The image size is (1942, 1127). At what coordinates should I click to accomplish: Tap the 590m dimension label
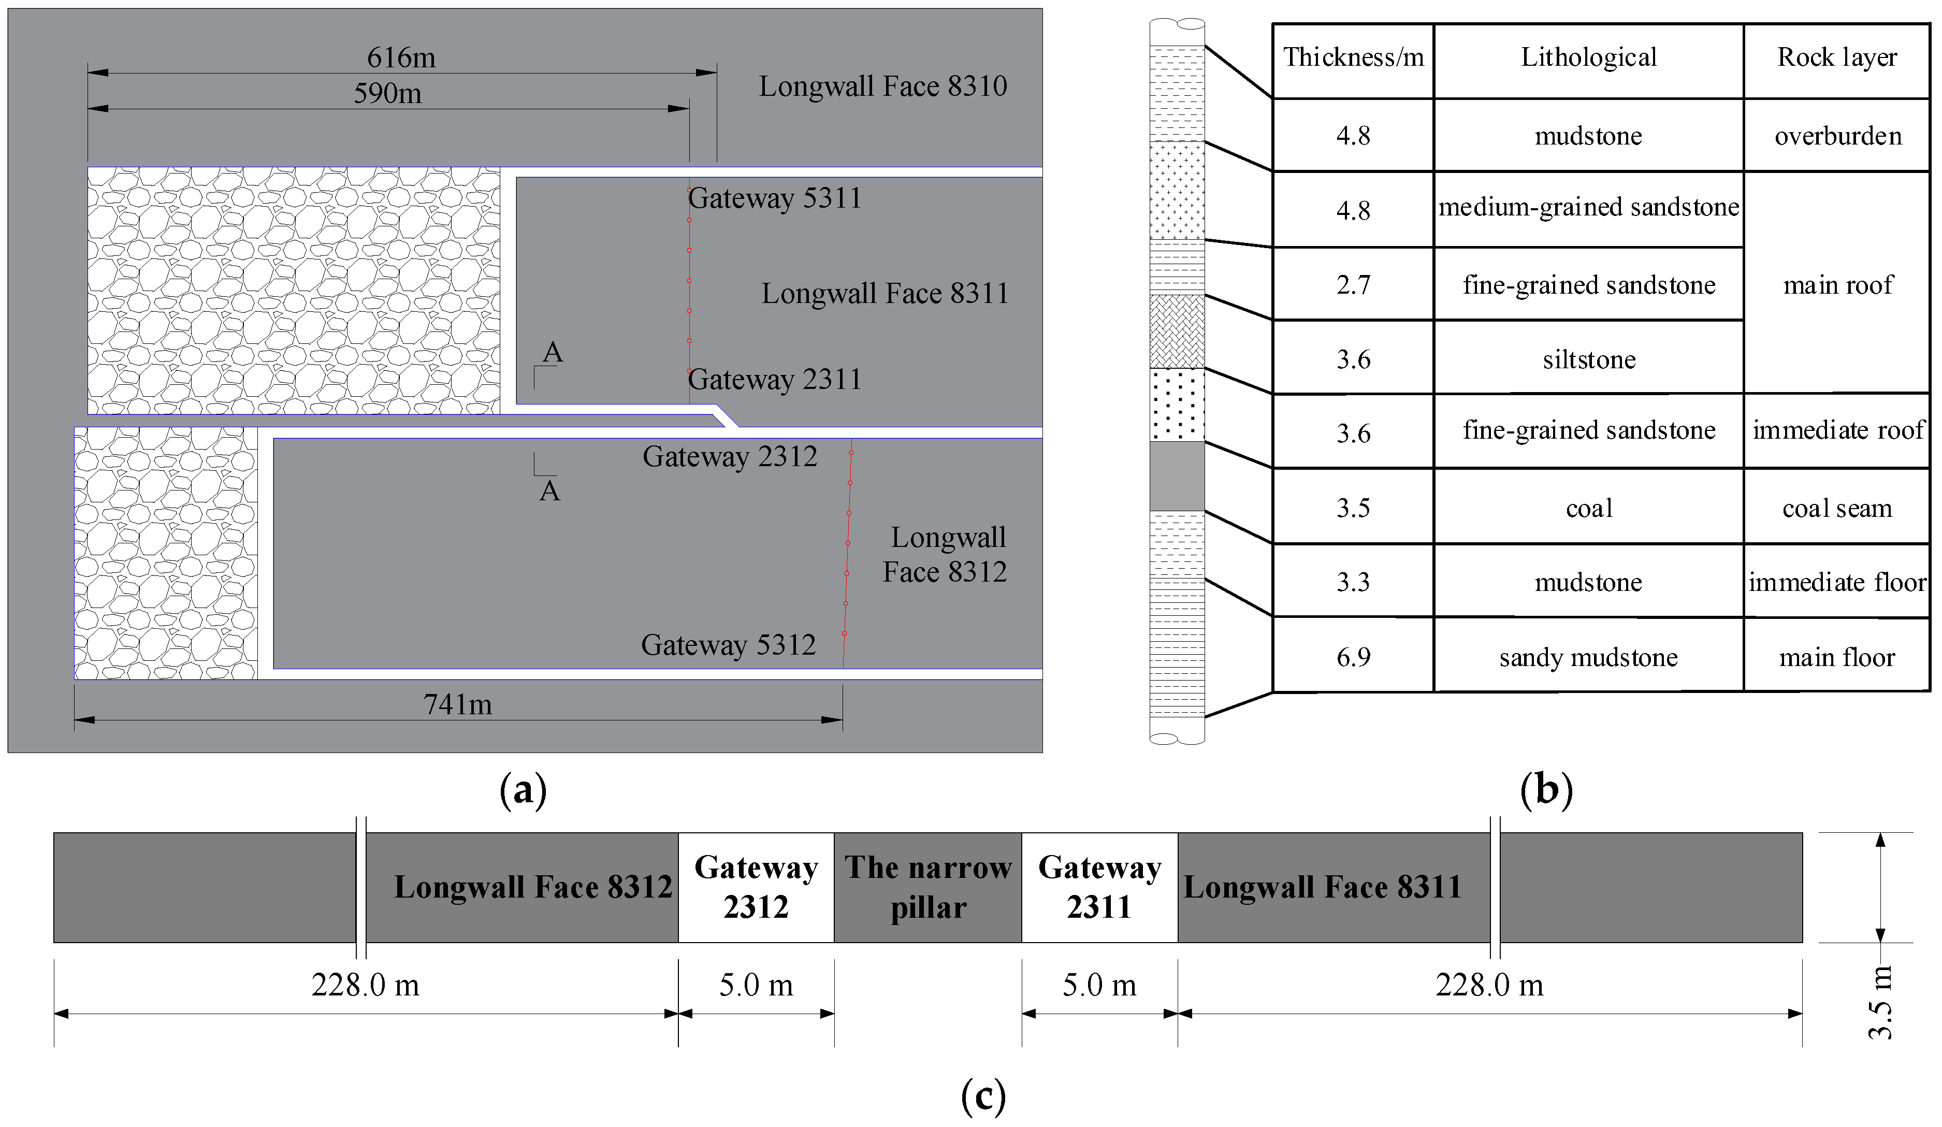(x=388, y=93)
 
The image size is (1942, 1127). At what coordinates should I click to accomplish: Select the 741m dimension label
(x=458, y=704)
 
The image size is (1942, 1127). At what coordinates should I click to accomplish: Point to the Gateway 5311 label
(x=775, y=198)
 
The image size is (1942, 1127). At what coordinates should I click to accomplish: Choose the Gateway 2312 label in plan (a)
(x=730, y=456)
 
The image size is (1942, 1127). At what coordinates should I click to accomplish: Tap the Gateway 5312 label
(x=728, y=644)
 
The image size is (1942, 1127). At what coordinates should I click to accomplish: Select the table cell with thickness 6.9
(x=1353, y=657)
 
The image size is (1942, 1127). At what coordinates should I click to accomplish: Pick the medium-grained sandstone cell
(x=1588, y=207)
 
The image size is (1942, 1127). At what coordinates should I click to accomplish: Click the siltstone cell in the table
(x=1588, y=359)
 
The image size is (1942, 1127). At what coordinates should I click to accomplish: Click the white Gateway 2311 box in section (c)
(x=1099, y=887)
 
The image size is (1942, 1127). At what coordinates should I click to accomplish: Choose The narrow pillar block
(x=928, y=887)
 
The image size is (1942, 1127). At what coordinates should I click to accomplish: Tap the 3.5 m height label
(x=1880, y=1002)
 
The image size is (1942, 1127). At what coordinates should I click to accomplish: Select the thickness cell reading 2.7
(x=1353, y=284)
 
